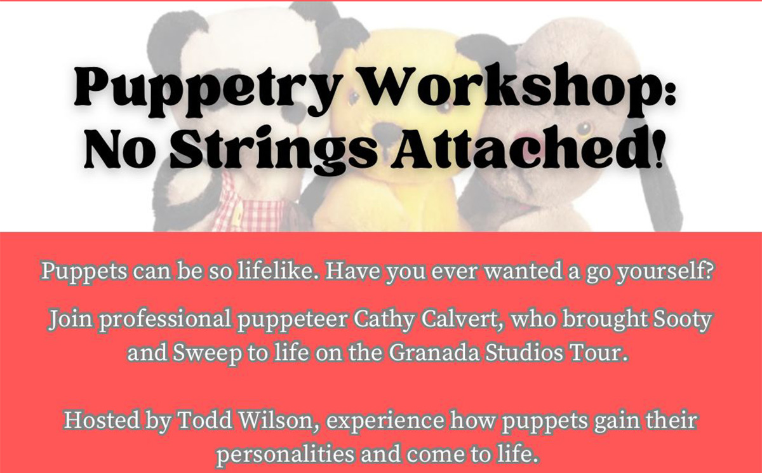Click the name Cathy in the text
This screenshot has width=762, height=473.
(384, 321)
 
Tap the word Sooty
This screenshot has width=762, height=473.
(681, 321)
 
